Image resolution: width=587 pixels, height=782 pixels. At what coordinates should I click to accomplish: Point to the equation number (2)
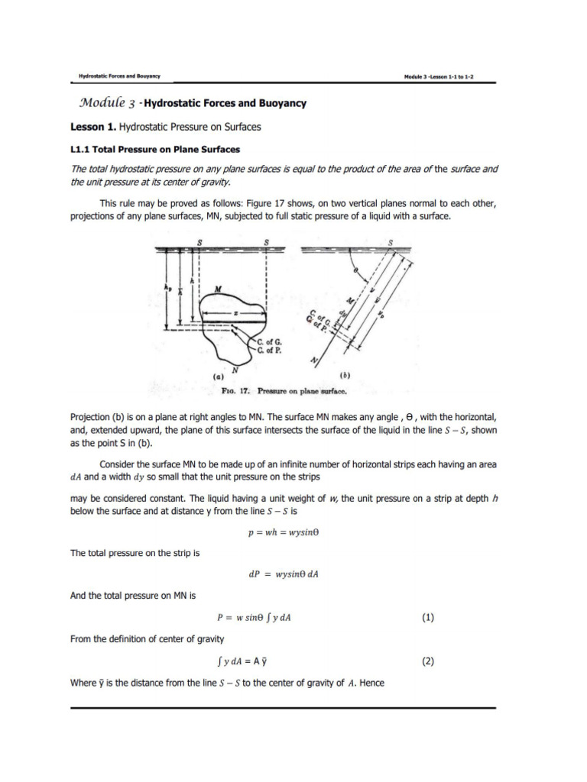427,662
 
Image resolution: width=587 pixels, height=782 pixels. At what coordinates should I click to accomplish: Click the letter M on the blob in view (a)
219,289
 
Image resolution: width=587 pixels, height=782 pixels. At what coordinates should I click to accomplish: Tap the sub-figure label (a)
217,376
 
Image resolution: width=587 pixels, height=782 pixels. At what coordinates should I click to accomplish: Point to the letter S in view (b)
391,242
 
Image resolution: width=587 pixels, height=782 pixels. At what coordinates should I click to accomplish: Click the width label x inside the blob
238,313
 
